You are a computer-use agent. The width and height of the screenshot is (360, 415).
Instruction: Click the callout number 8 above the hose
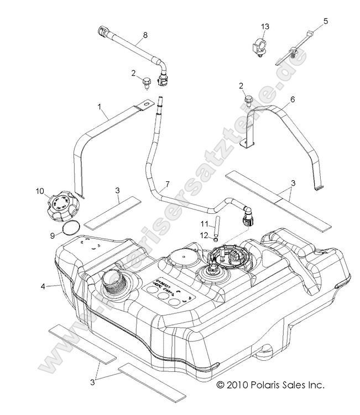click(145, 35)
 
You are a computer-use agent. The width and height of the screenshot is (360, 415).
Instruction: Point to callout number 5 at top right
click(325, 22)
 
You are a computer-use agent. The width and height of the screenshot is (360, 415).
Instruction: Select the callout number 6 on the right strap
click(293, 99)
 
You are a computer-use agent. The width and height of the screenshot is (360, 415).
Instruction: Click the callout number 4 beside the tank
click(43, 286)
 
